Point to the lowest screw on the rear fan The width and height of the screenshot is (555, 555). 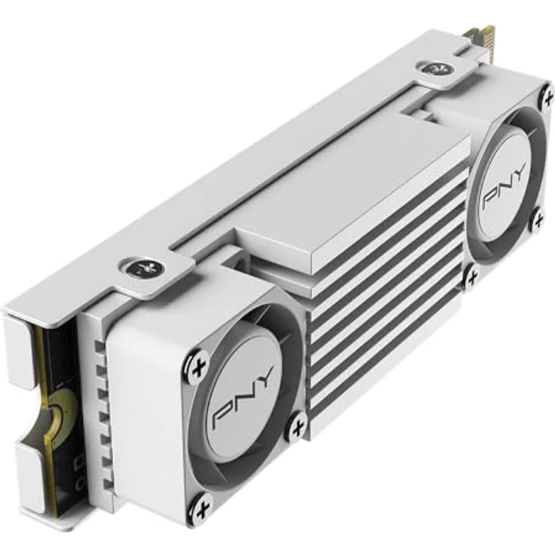(x=472, y=277)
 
